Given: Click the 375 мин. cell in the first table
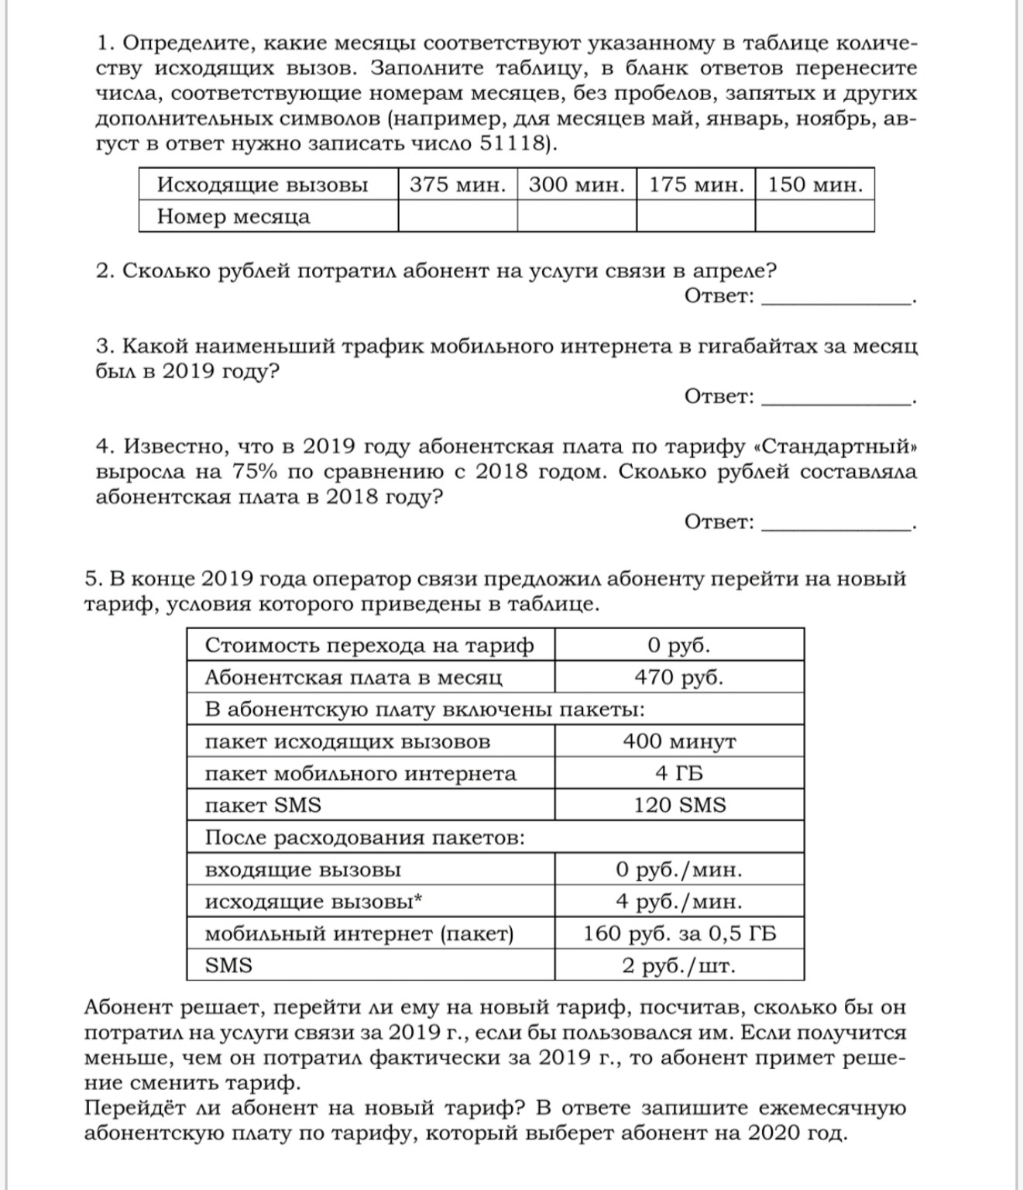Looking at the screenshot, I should point(458,184).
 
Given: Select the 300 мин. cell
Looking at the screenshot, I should point(576,184).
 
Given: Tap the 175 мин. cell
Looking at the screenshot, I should point(695,184).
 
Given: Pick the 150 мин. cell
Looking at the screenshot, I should point(815,184).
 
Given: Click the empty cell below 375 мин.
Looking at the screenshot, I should point(458,216).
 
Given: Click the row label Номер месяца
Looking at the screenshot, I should point(233,216).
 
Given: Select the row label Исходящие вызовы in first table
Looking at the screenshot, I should point(263,184).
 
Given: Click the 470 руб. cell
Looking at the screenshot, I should point(679,677).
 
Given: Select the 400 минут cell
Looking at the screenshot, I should point(679,741).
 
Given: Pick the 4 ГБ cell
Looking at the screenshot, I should point(679,773).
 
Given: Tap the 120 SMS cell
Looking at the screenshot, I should point(679,805).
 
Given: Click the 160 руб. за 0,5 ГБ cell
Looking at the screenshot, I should point(679,934).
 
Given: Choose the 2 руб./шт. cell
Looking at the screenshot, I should point(679,965).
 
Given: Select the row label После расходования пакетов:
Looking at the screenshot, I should point(365,837).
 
